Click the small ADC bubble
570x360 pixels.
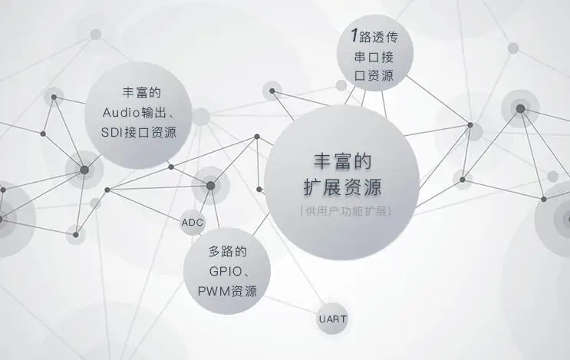(193, 222)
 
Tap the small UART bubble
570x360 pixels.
(332, 319)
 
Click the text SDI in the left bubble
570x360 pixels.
(111, 132)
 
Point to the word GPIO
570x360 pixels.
(226, 271)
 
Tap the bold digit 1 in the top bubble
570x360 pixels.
(354, 35)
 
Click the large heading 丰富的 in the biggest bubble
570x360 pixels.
(342, 161)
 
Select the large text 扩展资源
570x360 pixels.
(342, 187)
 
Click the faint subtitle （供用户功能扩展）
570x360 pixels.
(345, 211)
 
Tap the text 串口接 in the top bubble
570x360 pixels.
(374, 57)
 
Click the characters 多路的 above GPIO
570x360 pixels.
(228, 251)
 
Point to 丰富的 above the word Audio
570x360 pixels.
(141, 92)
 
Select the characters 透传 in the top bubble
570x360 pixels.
(385, 37)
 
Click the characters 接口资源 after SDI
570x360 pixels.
(150, 132)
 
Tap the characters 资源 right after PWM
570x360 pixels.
(244, 291)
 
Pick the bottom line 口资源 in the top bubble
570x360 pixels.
(374, 76)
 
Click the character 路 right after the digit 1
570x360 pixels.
(365, 37)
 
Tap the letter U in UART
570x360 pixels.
(321, 319)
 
